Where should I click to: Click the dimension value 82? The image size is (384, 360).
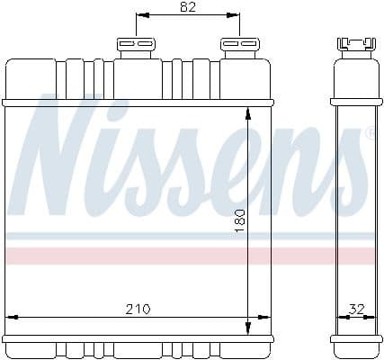[187, 7]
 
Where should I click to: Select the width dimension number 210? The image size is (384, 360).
[137, 309]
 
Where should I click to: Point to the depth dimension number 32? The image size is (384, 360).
[356, 309]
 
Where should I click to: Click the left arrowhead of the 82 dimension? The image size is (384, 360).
[139, 16]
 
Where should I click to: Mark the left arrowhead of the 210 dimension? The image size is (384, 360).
[11, 317]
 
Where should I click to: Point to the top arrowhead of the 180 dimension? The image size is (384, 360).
[247, 111]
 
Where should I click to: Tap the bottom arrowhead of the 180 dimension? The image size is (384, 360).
[247, 328]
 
